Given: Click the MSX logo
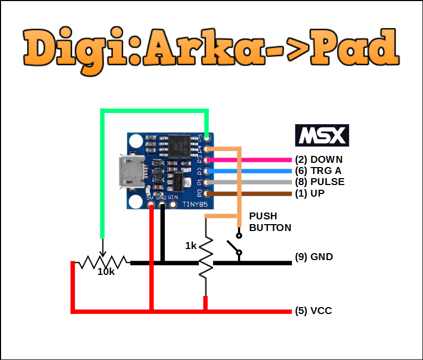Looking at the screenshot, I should (x=322, y=135).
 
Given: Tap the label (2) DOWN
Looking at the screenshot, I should (x=319, y=160).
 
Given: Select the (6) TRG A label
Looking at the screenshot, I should (x=318, y=171).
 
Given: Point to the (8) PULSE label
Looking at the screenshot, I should (x=320, y=182).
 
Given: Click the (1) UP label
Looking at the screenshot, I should (x=310, y=193).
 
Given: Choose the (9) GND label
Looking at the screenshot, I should (x=314, y=257).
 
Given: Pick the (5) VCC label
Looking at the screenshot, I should (x=314, y=311).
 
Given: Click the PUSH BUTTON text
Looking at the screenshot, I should (x=270, y=222).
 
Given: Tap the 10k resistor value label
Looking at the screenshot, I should (x=106, y=272).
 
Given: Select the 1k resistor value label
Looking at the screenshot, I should (x=191, y=246).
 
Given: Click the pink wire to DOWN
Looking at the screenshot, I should (x=254, y=160).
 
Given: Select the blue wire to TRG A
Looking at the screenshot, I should (x=254, y=171).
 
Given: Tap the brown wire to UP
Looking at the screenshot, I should (x=254, y=194).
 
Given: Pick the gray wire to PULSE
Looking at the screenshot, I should (x=254, y=182).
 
